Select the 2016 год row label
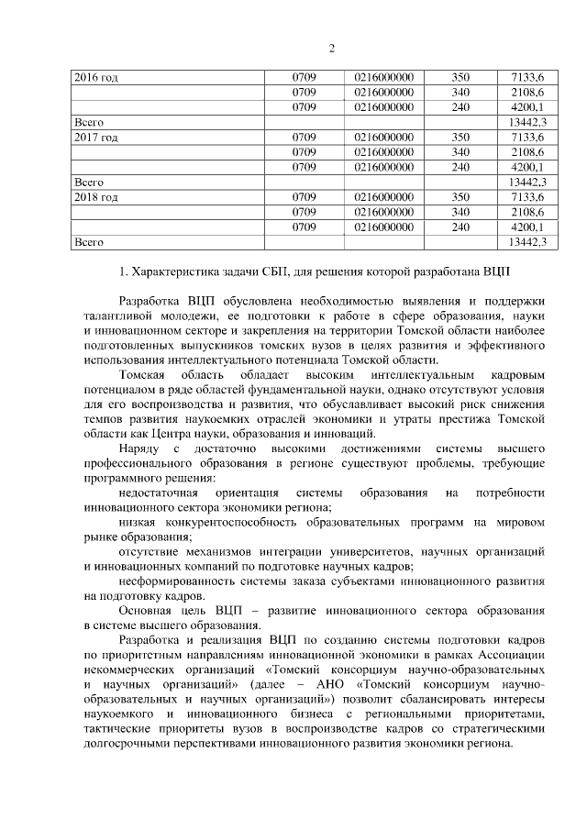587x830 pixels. click(95, 78)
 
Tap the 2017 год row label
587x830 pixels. click(95, 138)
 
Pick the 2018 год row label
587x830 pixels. click(95, 197)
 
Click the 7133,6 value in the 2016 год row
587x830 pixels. click(526, 78)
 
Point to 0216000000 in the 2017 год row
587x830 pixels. click(383, 138)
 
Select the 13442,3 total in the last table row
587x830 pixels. click(526, 242)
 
